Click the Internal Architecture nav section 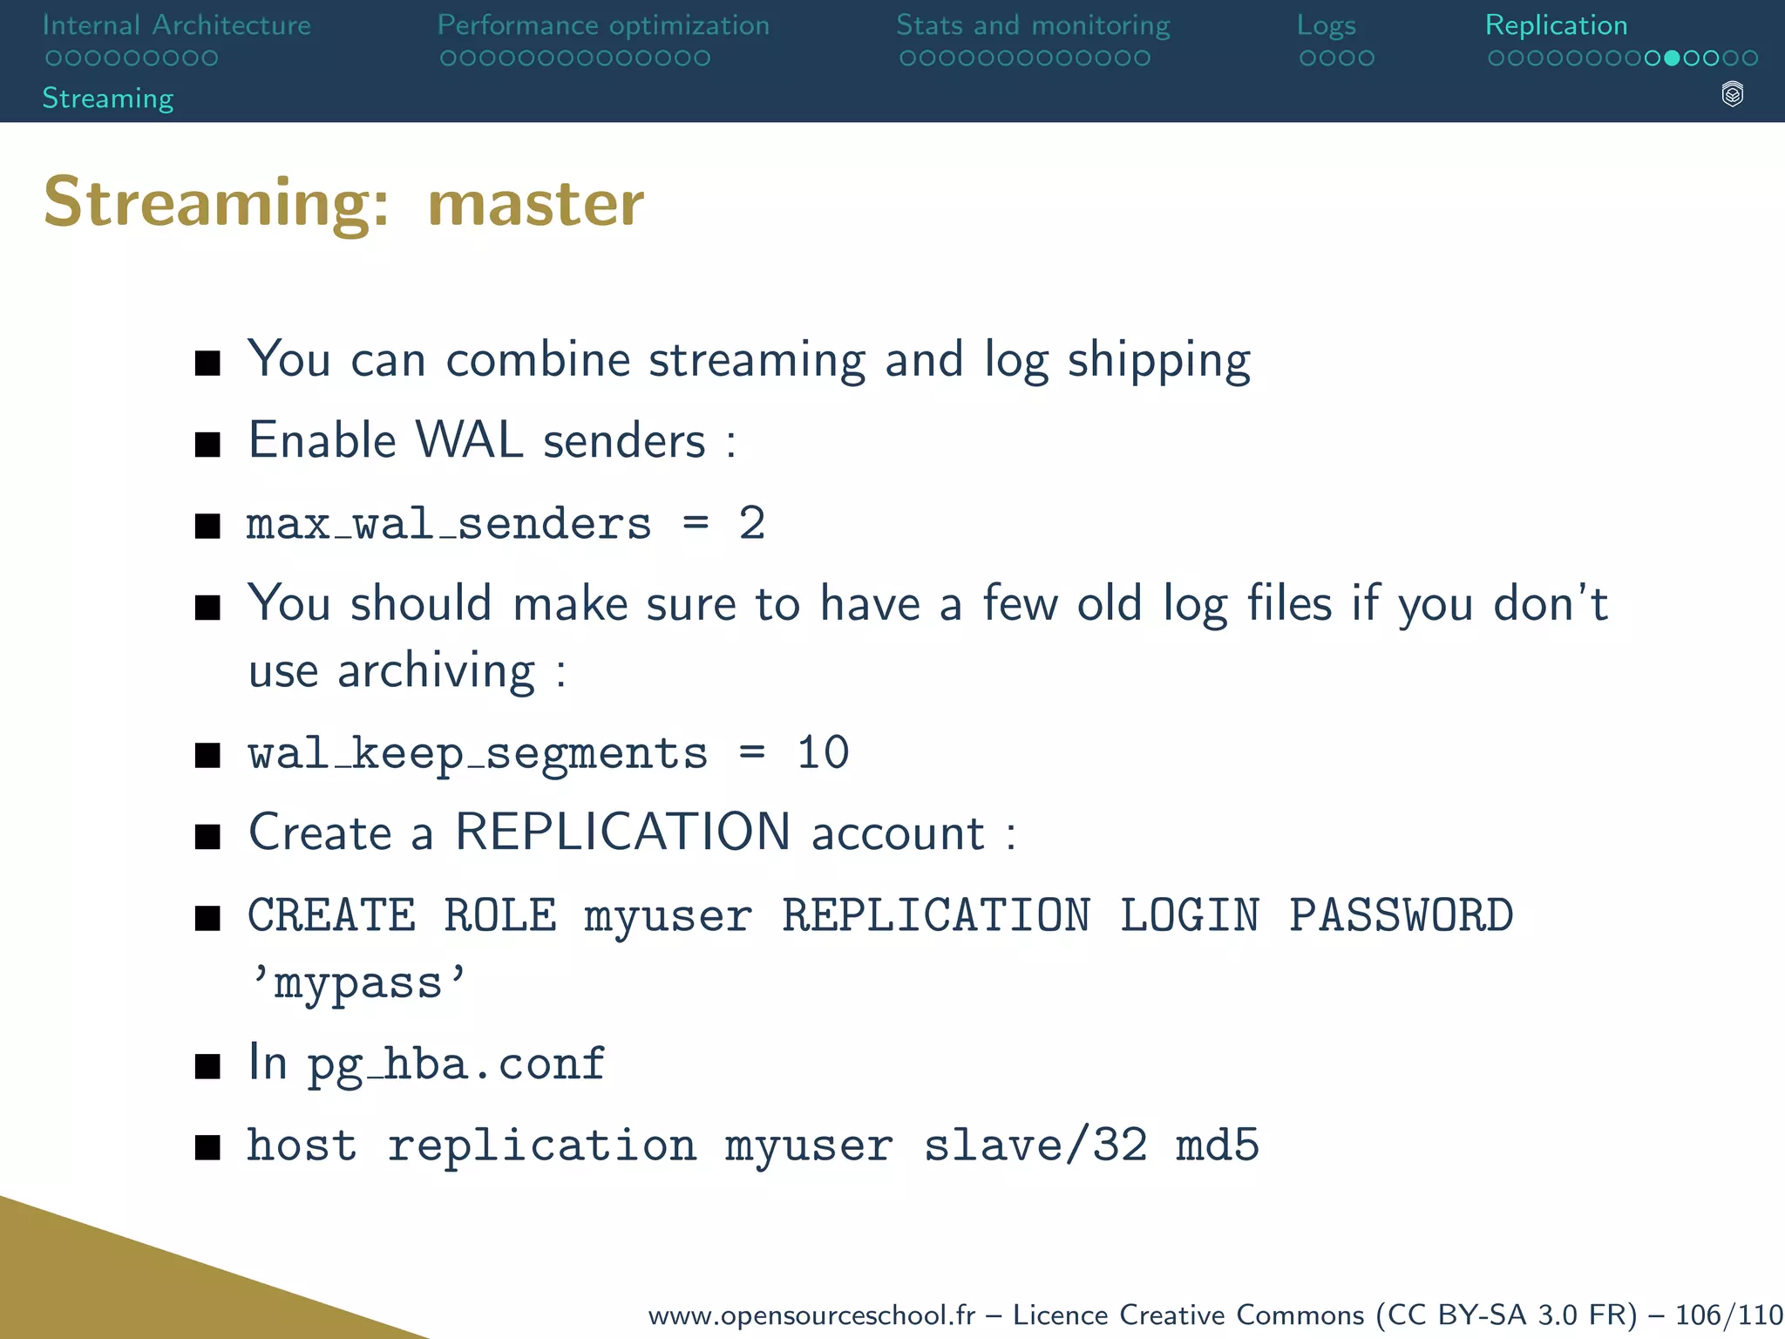176,25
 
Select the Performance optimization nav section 603,25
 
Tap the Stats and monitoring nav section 1033,25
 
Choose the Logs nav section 1326,25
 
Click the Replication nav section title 1556,25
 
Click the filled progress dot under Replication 1672,58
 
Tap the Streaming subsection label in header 108,98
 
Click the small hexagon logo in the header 1733,94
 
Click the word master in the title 536,203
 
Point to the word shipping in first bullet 1159,361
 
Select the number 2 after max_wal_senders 751,523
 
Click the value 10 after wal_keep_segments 823,752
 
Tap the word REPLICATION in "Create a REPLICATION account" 623,832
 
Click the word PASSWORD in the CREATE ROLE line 1401,915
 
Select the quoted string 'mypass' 357,983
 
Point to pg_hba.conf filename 456,1064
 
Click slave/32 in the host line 1035,1145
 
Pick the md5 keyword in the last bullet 1217,1145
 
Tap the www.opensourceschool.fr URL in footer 811,1315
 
